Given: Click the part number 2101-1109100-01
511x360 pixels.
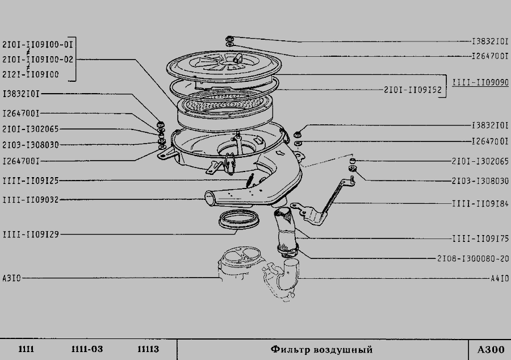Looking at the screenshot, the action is [x=37, y=44].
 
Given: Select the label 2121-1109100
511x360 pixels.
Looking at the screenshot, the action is [x=31, y=74].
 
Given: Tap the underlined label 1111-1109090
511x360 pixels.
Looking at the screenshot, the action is [x=480, y=82].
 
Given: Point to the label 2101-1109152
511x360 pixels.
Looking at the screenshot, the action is [x=412, y=90].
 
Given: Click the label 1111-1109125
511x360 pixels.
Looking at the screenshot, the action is [x=31, y=181].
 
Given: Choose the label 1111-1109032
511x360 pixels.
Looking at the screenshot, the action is [x=31, y=199].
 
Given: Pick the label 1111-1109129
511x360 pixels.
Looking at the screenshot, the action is [x=31, y=235].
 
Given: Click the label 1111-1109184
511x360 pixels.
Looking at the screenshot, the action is [x=480, y=204].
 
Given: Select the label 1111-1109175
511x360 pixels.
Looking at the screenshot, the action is [x=480, y=239].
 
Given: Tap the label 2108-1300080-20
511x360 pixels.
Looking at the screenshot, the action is [x=473, y=259].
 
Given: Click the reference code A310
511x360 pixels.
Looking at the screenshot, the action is [x=12, y=278].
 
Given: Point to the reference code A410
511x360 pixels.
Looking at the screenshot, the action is [x=500, y=279].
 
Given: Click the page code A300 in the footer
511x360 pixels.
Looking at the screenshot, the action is [x=491, y=350].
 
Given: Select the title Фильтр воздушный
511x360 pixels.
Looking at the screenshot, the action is [x=321, y=350].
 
